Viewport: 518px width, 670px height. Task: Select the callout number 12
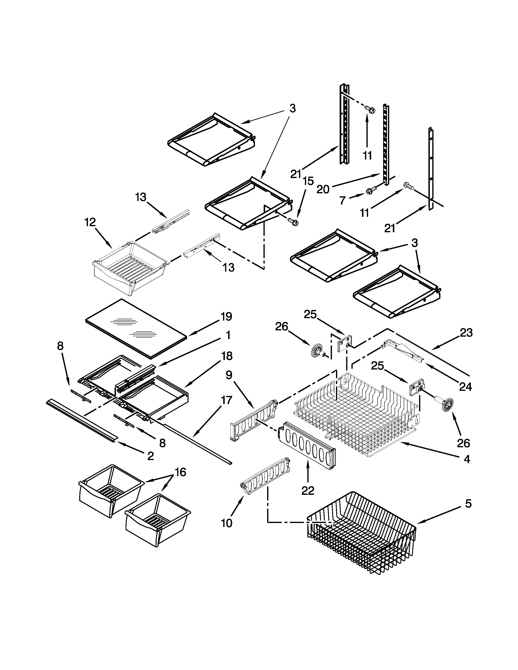[x=90, y=222]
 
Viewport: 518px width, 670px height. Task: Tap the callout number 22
[x=308, y=491]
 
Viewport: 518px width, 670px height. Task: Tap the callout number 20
[x=323, y=189]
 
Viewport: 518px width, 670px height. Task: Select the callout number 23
[x=466, y=333]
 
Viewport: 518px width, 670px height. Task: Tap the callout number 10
[x=226, y=523]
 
